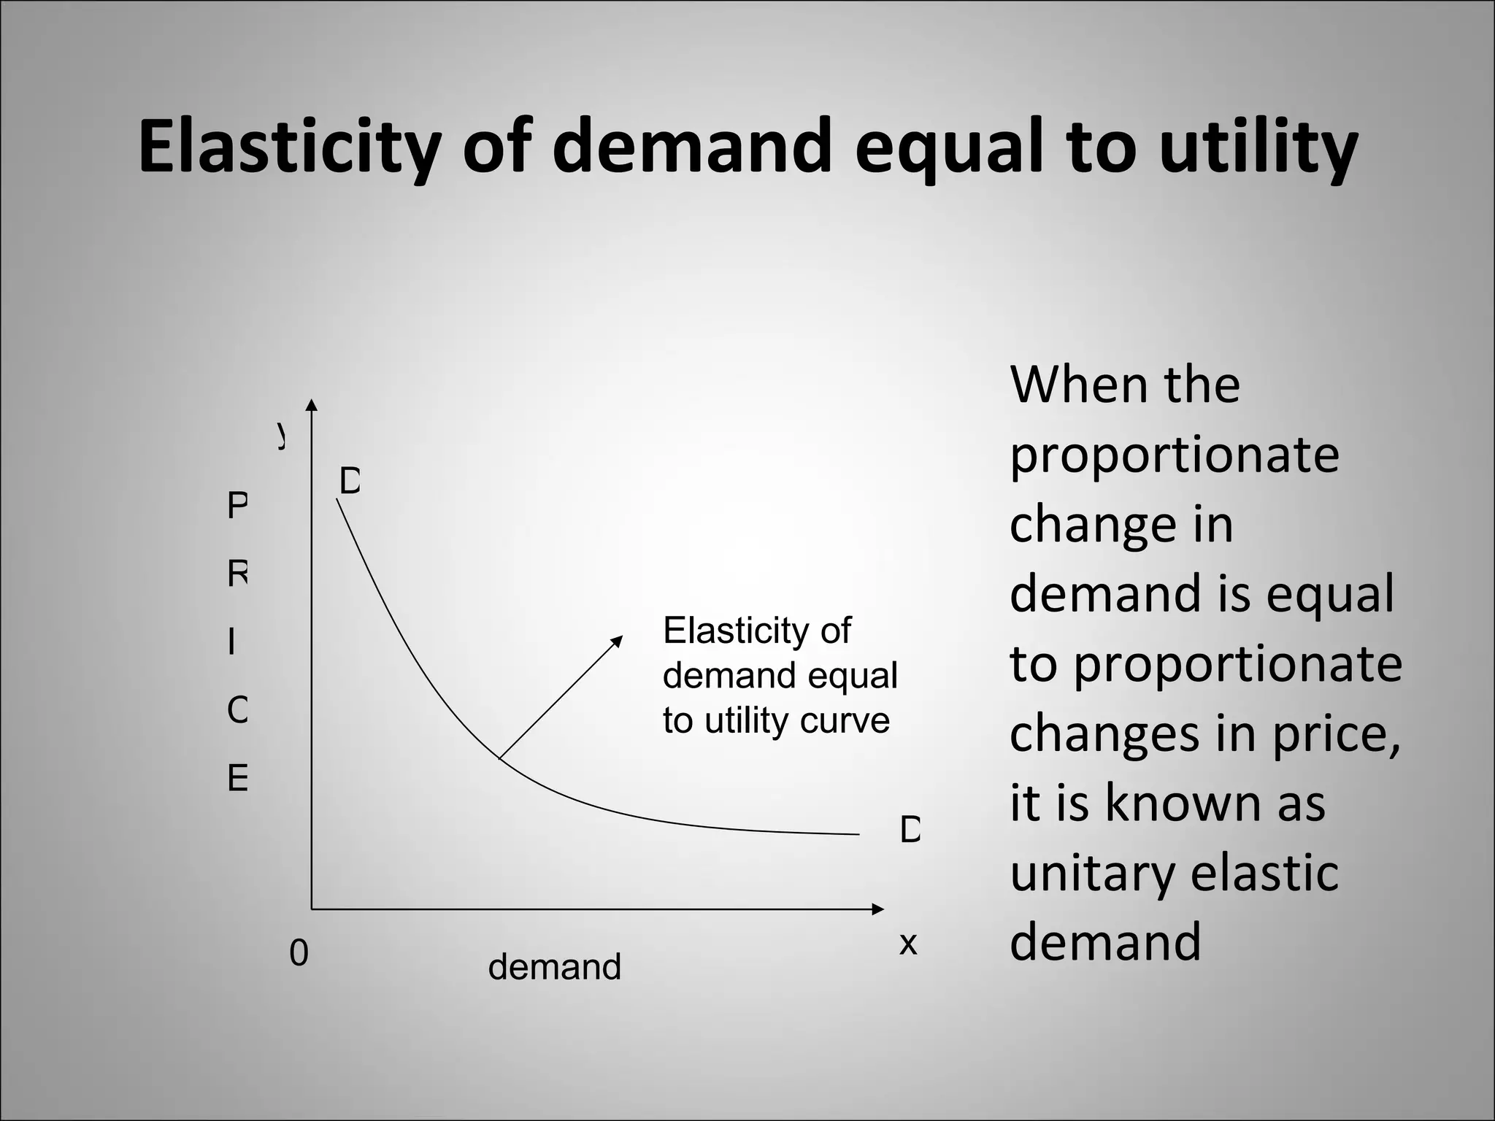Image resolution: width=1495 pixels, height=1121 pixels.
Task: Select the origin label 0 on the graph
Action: (x=299, y=953)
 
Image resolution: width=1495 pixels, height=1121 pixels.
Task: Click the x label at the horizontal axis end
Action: (x=907, y=944)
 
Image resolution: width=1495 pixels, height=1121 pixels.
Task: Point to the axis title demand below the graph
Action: (x=554, y=967)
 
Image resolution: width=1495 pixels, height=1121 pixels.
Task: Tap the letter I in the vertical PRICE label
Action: (x=231, y=643)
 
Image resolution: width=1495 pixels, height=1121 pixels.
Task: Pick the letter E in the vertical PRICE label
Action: (x=237, y=779)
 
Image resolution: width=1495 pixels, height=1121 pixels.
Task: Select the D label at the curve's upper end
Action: (x=350, y=482)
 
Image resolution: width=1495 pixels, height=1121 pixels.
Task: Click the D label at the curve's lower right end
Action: (x=910, y=830)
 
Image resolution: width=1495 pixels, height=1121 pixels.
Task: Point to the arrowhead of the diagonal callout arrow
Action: (x=618, y=640)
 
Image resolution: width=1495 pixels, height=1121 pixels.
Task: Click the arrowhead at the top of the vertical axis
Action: (x=312, y=405)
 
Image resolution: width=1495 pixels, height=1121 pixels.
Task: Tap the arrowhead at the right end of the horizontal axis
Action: (x=878, y=909)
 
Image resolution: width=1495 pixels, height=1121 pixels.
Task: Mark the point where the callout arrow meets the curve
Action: (x=499, y=759)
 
